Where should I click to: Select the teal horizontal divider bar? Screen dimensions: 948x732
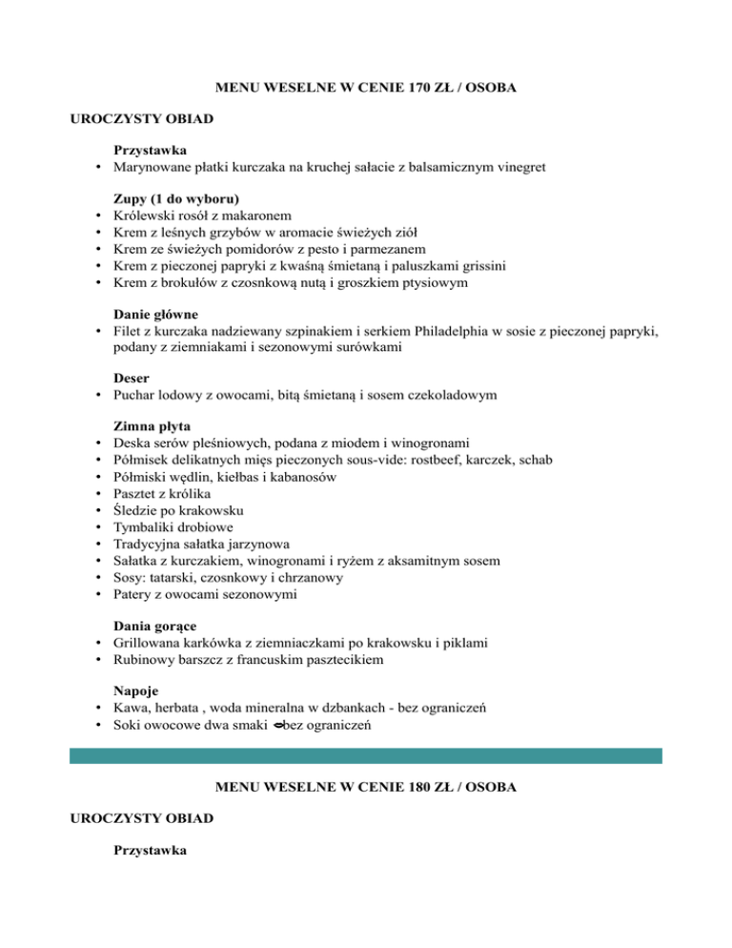click(366, 755)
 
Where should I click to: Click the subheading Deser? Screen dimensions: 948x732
click(132, 378)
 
